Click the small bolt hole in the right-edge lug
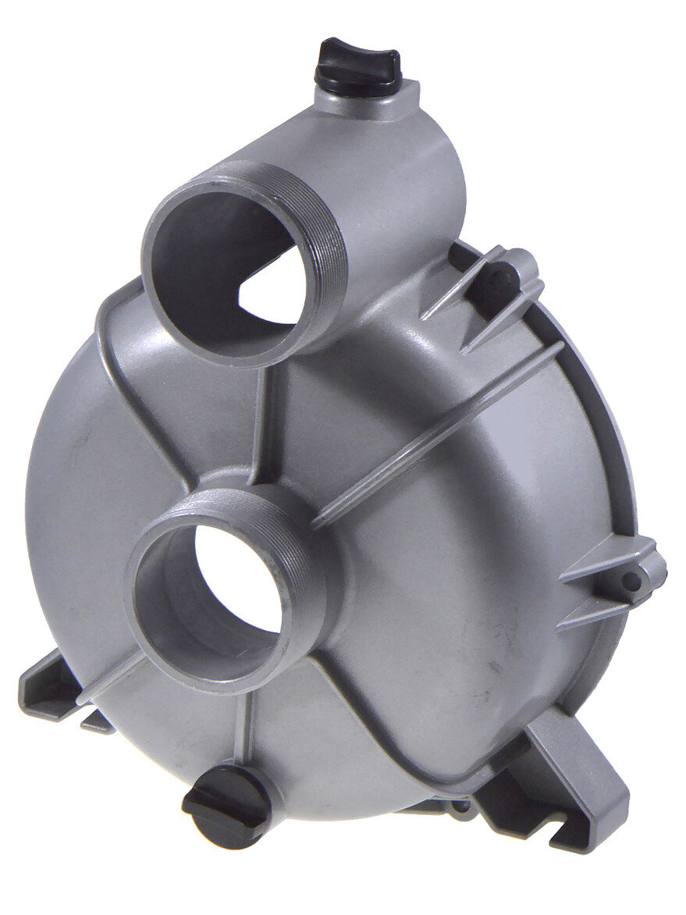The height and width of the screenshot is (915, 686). click(632, 582)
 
